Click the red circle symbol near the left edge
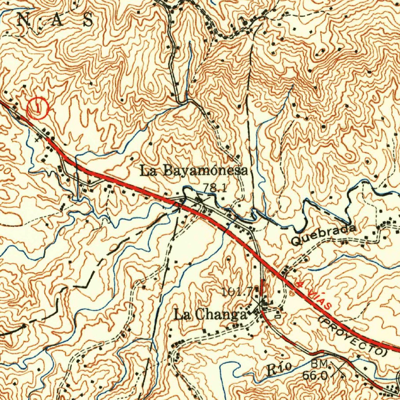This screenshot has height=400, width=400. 38,108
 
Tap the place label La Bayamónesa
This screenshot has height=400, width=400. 194,171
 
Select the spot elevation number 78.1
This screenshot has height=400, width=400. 214,188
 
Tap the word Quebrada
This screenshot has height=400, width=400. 324,235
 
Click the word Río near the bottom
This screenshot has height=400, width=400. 279,368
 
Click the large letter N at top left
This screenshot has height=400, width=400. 25,20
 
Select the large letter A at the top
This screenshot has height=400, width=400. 55,20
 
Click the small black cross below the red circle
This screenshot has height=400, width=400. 37,139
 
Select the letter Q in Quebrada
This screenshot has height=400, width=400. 297,241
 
